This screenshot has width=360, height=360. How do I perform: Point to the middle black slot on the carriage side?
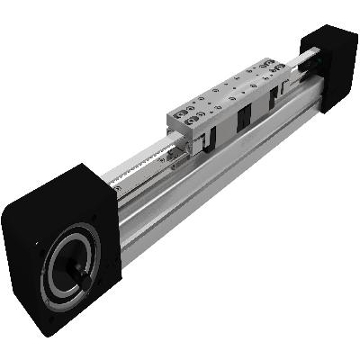coord(244,126)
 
